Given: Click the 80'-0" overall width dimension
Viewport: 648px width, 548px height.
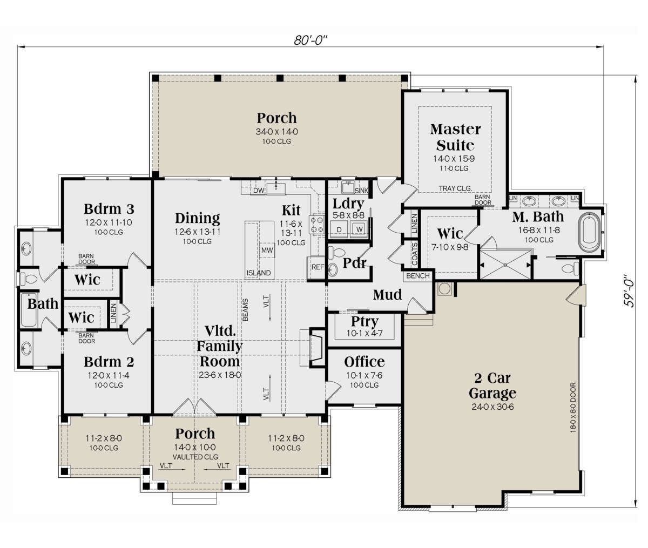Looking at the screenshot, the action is (310, 40).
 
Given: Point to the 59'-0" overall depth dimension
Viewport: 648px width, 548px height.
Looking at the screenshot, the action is (628, 292).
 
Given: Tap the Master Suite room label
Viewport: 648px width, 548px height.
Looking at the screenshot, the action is (455, 137).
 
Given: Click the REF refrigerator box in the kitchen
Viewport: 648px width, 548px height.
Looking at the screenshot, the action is (317, 267).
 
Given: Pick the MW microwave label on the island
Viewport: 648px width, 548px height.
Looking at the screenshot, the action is (267, 250).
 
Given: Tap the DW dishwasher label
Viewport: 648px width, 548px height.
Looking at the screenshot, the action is (259, 190).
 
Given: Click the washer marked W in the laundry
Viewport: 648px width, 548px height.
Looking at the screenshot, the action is (359, 229).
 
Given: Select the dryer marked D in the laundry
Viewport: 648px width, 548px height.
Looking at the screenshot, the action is (339, 229).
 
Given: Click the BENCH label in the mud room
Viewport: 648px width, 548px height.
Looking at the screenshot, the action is (417, 275).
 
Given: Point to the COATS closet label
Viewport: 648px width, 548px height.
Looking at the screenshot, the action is (414, 254).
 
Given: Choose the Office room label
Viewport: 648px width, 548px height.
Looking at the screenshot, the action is (364, 362).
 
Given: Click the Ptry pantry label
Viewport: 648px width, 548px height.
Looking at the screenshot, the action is (364, 322).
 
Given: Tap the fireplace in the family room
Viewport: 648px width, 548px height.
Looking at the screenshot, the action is (316, 347).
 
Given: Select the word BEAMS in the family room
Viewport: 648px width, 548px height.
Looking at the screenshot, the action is (246, 310).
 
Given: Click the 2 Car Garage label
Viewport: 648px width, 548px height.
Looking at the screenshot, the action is (492, 385).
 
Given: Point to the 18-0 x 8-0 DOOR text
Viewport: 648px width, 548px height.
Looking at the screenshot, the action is (573, 408).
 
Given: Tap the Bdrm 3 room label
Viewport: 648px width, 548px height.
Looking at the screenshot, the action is (109, 209).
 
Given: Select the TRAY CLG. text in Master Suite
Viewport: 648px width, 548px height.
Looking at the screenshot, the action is (455, 188).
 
